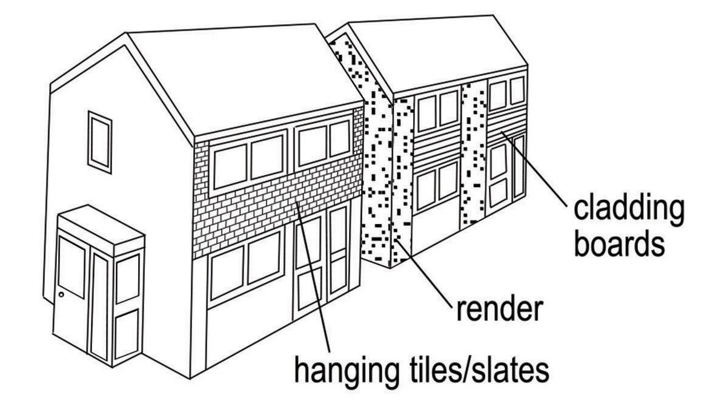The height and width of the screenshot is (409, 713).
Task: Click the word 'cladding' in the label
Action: [628, 209]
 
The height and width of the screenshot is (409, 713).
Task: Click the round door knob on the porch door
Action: [62, 295]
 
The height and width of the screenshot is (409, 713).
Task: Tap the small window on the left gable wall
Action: [100, 141]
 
